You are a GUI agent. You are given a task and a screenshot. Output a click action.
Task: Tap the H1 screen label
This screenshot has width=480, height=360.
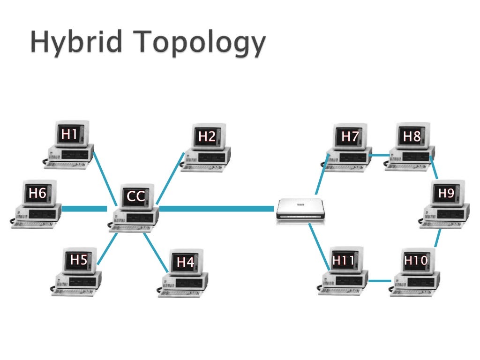point(69,135)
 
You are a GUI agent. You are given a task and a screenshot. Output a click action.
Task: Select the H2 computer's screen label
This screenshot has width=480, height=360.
point(207,136)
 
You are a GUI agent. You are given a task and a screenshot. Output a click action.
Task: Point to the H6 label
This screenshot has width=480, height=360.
point(37,193)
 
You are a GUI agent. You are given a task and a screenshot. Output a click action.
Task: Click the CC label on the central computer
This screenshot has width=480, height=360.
point(136,196)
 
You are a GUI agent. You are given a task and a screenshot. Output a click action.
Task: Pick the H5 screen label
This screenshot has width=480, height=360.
point(79,259)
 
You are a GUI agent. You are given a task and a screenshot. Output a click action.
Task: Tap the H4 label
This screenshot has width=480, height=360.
point(185,262)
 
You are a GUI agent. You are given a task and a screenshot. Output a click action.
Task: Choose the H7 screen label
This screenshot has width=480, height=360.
point(350,136)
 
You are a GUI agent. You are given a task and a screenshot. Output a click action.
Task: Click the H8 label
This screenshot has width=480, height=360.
point(412,136)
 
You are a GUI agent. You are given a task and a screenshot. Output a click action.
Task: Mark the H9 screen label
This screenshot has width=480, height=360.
point(446,193)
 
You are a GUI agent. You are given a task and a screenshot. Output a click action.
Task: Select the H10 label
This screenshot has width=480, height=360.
point(416,260)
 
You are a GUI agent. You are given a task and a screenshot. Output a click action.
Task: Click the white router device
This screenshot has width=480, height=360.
point(299,209)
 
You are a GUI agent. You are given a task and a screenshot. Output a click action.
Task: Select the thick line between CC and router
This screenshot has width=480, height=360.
point(216,208)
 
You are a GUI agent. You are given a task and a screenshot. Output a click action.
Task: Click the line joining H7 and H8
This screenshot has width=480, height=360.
point(379,155)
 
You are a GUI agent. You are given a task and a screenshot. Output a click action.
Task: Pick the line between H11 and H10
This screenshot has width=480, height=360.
point(379,281)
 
